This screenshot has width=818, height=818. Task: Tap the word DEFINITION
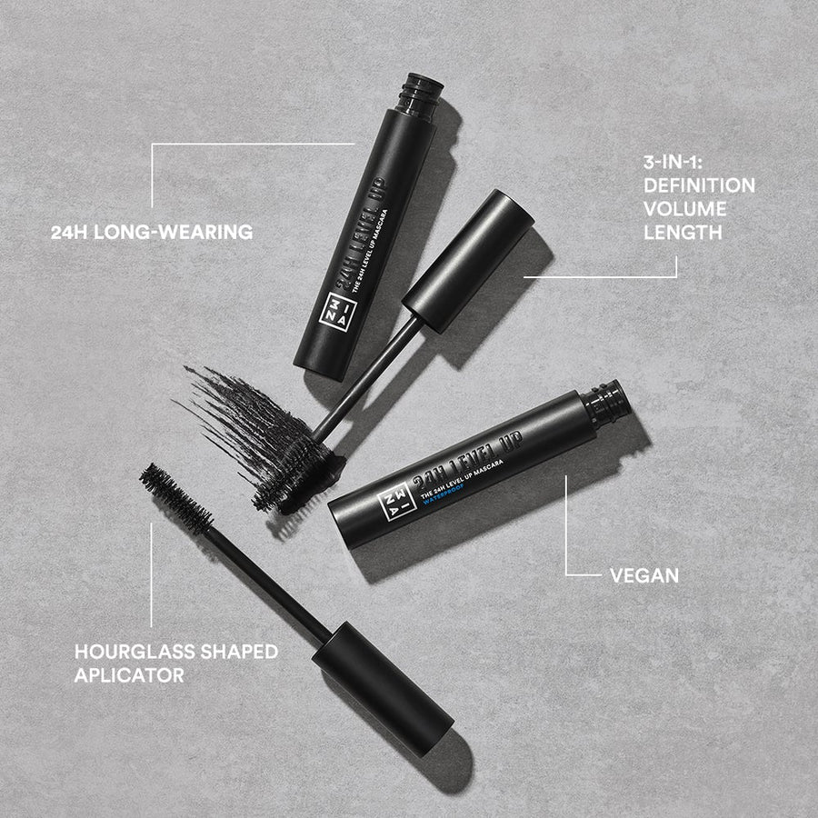pos(699,185)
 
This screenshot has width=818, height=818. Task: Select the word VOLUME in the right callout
pos(684,209)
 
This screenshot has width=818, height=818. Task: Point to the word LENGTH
pos(683,233)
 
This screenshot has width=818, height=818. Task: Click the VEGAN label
pos(644,575)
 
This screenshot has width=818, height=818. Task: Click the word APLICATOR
pos(130,675)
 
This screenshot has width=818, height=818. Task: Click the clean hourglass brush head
pos(174,496)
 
